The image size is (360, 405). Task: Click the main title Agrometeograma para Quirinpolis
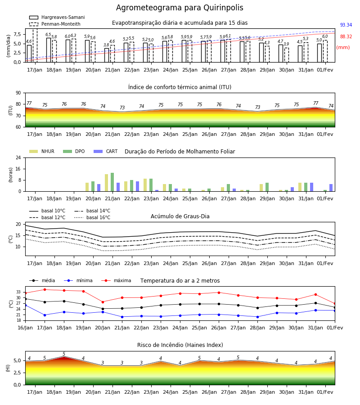click(180, 8)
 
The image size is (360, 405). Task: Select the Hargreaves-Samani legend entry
click(57, 17)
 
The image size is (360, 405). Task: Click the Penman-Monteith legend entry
click(55, 24)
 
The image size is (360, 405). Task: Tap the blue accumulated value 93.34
click(346, 25)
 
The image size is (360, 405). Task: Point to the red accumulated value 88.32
click(346, 36)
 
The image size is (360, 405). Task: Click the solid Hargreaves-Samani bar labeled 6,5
click(49, 50)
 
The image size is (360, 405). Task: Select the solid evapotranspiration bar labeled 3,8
click(107, 55)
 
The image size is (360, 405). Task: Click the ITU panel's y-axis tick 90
click(18, 93)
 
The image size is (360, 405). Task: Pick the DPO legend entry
click(74, 151)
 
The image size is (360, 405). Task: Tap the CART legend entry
click(106, 151)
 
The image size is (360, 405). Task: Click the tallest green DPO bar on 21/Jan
click(112, 182)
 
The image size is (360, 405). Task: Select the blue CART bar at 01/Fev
click(331, 188)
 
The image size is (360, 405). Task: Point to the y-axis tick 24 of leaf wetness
click(18, 157)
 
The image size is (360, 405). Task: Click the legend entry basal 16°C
click(92, 217)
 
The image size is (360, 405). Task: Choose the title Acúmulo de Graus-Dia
click(180, 216)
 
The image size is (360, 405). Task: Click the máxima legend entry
click(116, 280)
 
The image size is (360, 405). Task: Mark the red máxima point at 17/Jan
click(45, 289)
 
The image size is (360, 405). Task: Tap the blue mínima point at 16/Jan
click(26, 305)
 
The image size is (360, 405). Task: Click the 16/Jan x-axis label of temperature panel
click(25, 328)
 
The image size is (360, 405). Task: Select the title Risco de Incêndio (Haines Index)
click(180, 345)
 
